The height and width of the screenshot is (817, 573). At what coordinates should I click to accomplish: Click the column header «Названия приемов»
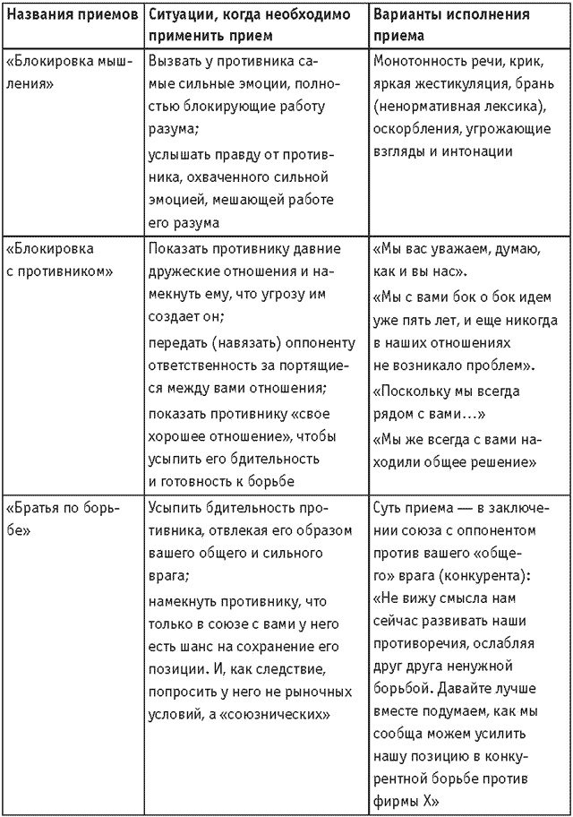71,15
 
